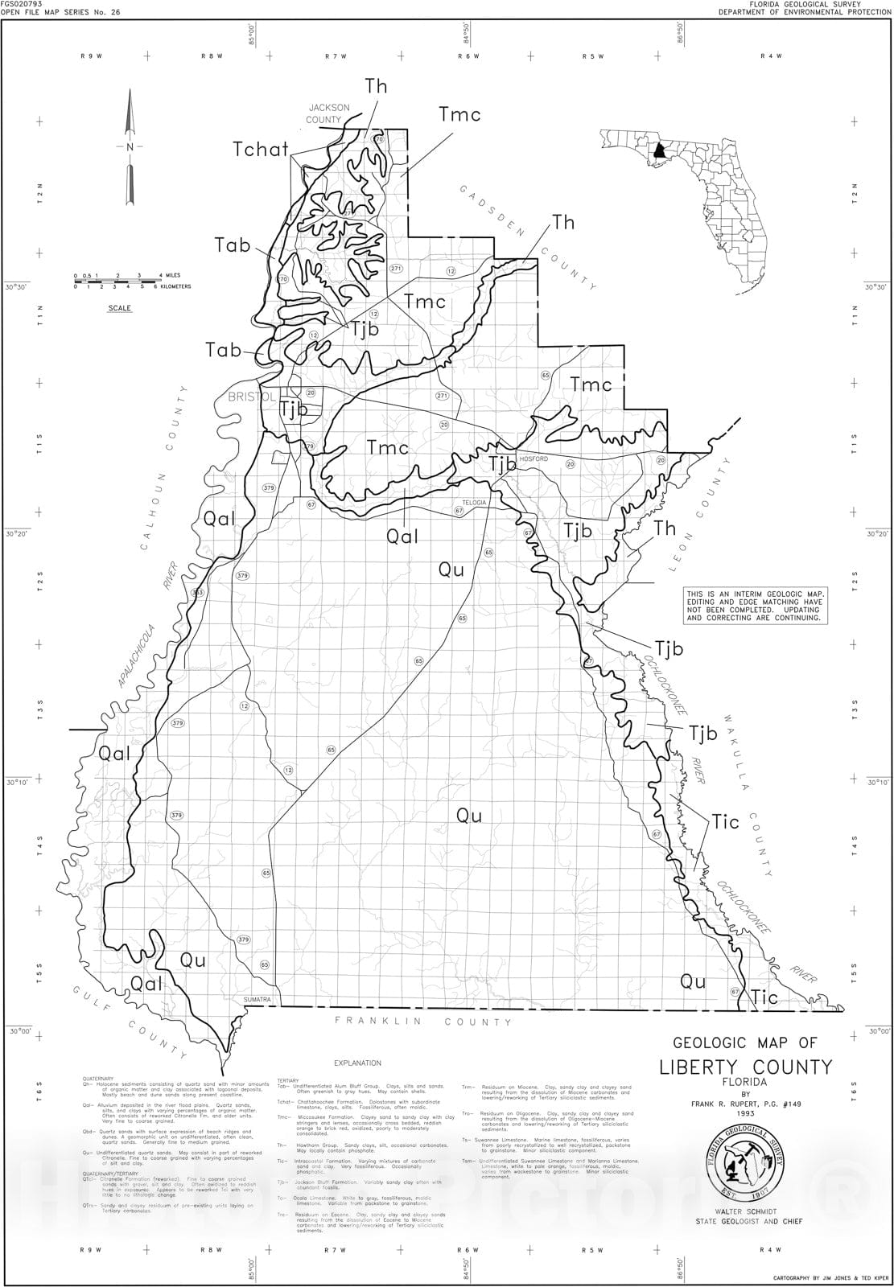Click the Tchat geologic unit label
260,150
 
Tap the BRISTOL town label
252,397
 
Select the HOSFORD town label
534,458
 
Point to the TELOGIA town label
474,502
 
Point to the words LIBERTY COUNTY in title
745,1067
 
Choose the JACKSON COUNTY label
328,113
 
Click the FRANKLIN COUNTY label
424,1022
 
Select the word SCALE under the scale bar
120,308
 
